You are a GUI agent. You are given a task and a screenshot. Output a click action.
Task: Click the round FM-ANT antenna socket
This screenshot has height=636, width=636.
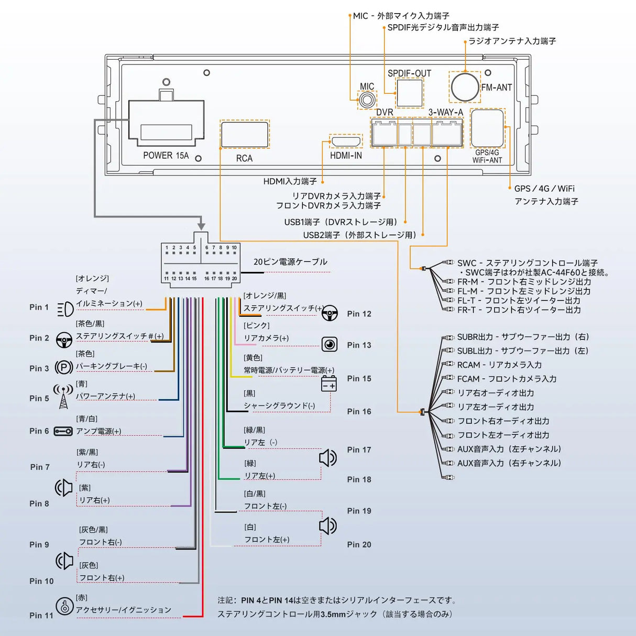465,87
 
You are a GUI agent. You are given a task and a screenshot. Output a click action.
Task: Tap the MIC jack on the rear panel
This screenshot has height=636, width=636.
367,100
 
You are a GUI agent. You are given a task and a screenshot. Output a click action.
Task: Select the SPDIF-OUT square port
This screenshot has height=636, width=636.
409,93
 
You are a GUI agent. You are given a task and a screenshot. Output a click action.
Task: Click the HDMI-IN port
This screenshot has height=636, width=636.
346,141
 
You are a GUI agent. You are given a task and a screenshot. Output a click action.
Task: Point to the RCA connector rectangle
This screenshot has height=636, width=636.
245,134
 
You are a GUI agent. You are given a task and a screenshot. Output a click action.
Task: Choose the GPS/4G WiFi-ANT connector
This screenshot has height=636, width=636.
487,128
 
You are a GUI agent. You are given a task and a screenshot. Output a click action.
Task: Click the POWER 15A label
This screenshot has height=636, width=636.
166,156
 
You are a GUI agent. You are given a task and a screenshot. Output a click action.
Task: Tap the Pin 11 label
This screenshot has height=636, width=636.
41,616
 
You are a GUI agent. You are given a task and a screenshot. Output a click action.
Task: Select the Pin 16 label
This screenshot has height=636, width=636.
359,412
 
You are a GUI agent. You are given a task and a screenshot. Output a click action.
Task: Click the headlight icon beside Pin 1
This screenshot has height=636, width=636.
65,309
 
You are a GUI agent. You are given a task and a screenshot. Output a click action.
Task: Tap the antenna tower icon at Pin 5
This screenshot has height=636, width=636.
63,397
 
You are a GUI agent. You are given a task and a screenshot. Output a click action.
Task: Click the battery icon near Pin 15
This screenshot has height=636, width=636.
328,384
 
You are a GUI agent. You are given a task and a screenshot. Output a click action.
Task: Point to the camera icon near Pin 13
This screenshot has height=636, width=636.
330,344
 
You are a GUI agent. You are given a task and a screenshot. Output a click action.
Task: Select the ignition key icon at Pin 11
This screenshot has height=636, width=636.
64,607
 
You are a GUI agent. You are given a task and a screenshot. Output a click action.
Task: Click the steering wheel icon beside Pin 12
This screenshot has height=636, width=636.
330,314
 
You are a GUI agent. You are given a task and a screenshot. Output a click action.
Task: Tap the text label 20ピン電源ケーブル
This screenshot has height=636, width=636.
290,262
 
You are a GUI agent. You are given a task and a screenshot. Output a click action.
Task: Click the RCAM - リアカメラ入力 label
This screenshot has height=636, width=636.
499,365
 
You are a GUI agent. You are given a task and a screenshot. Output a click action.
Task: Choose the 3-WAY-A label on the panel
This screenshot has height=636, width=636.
446,112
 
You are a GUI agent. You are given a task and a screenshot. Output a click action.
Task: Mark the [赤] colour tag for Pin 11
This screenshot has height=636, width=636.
82,598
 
